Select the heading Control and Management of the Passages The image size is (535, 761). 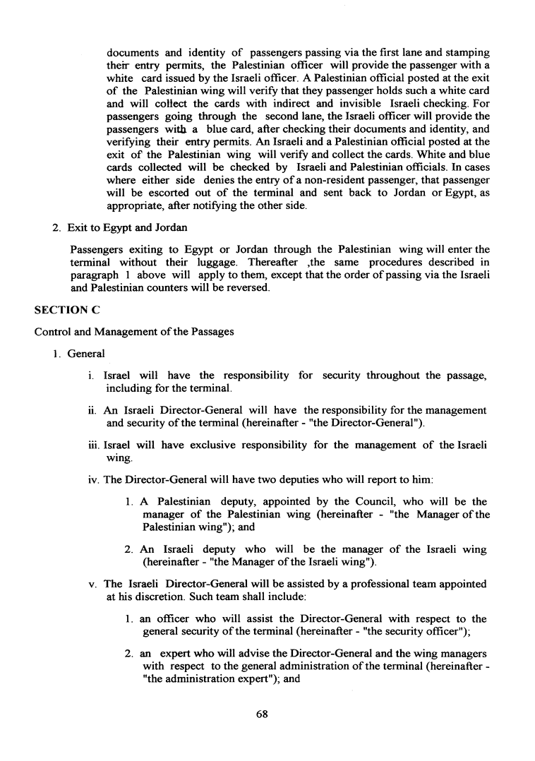pyautogui.click(x=133, y=332)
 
